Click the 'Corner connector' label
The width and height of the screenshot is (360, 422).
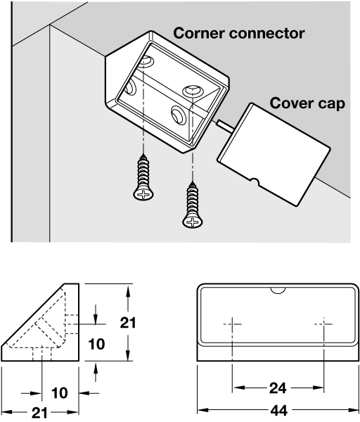[x=238, y=33]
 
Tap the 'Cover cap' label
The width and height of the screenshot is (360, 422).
[x=307, y=103]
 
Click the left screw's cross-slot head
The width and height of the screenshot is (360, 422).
[x=143, y=194]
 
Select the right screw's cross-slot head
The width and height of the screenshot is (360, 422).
[x=193, y=222]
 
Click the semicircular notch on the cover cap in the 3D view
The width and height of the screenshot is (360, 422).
[x=254, y=182]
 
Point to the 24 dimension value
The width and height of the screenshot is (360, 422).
[x=278, y=388]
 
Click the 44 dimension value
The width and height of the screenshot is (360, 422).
[x=278, y=411]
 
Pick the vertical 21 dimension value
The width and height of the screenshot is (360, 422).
[x=127, y=322]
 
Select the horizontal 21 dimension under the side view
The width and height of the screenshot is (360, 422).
[x=39, y=412]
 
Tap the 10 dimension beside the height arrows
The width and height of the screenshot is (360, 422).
[x=96, y=344]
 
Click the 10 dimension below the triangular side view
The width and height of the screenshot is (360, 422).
[x=60, y=393]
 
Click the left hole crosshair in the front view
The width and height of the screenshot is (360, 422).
[x=232, y=324]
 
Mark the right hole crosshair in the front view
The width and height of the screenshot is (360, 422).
[x=323, y=324]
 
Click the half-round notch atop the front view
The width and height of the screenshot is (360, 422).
[x=278, y=290]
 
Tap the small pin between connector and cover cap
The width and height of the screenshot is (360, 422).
[x=225, y=125]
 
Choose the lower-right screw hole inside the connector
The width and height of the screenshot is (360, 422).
[x=178, y=115]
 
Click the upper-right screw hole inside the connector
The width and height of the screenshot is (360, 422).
[x=193, y=90]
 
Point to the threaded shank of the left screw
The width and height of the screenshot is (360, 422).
[x=143, y=172]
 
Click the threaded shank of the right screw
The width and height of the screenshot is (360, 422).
[x=193, y=198]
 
